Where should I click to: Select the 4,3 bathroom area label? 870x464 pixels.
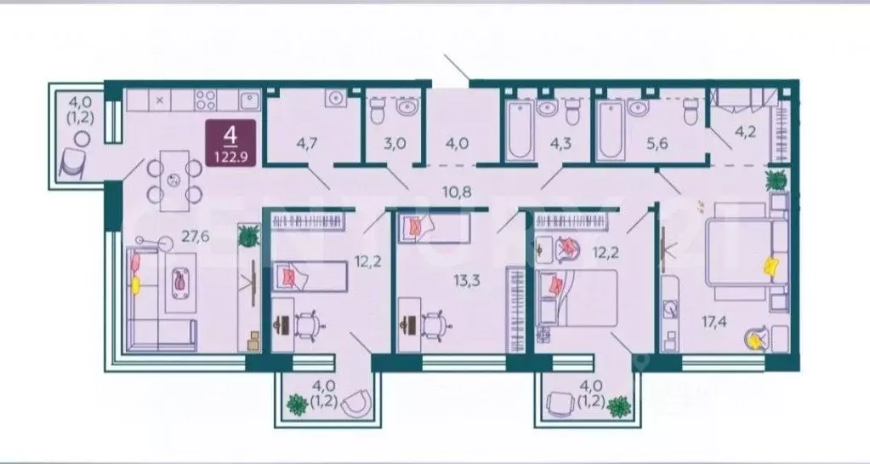561,143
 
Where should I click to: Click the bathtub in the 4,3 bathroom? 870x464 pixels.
517,132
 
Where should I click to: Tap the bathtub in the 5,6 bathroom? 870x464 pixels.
610,132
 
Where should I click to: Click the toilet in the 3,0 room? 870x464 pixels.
379,108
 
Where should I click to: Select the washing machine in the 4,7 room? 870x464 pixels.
335,99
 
